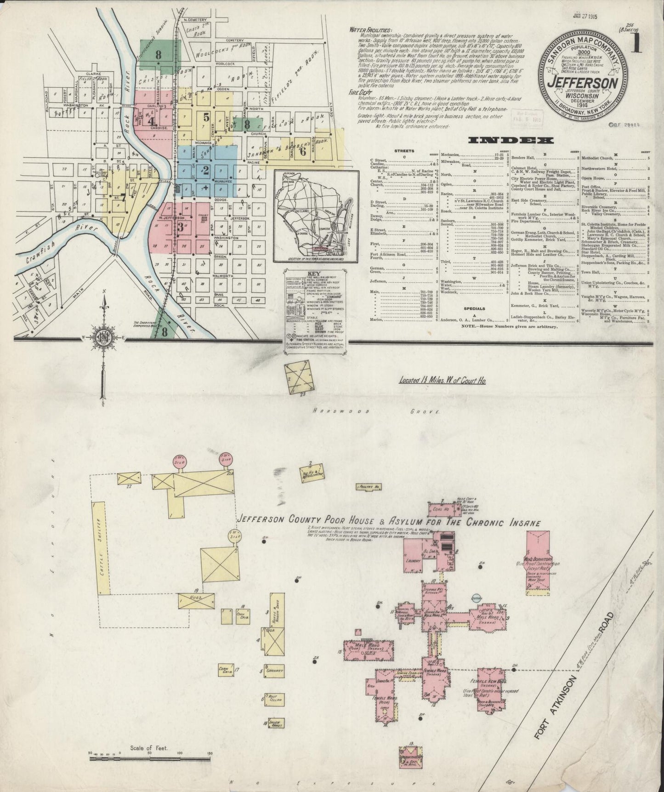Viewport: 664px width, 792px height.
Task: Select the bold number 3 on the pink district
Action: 180,226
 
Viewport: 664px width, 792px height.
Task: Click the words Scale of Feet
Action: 149,748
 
